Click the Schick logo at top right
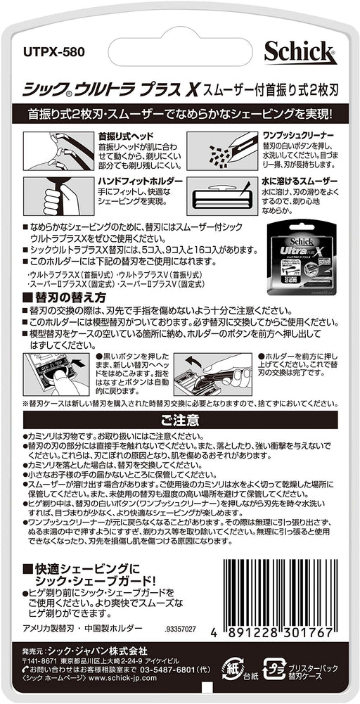pyautogui.click(x=300, y=52)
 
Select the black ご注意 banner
pyautogui.click(x=180, y=421)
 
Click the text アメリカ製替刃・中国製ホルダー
pyautogui.click(x=83, y=627)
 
